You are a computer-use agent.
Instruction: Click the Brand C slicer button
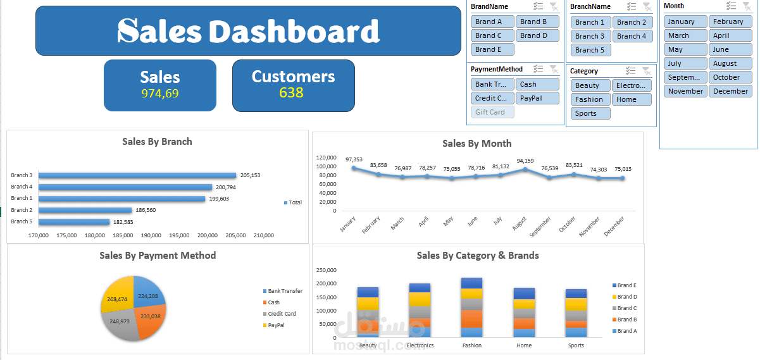click(492, 35)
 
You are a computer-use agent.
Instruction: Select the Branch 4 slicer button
click(632, 36)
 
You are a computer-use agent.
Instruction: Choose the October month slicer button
click(730, 77)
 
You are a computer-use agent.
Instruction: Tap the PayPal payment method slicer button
click(537, 99)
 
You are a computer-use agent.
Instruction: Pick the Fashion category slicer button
click(590, 99)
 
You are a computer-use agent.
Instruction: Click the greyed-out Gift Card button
click(492, 112)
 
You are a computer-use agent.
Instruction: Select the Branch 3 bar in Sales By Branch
click(137, 175)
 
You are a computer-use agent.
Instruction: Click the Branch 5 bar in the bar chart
click(74, 222)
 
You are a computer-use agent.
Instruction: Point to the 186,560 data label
click(146, 210)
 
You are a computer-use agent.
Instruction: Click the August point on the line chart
click(525, 169)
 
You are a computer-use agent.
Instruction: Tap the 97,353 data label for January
click(354, 159)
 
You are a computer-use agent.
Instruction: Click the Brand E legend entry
click(625, 285)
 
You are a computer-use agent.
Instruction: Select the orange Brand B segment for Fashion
click(471, 319)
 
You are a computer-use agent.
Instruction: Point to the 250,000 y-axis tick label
click(327, 270)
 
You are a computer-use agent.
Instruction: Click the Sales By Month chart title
click(477, 144)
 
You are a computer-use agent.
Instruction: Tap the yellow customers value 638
click(291, 92)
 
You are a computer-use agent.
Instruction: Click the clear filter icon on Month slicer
click(746, 6)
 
